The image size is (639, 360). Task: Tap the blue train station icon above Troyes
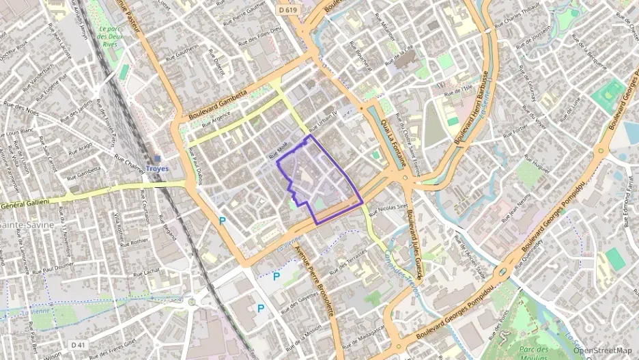pyautogui.click(x=158, y=156)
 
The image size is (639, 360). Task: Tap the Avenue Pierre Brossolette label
pyautogui.click(x=315, y=281)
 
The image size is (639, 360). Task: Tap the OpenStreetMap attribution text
pyautogui.click(x=602, y=350)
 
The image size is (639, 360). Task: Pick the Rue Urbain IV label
pyautogui.click(x=323, y=122)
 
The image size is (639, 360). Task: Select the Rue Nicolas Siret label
pyautogui.click(x=392, y=206)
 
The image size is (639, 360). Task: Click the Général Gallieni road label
pyautogui.click(x=26, y=202)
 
